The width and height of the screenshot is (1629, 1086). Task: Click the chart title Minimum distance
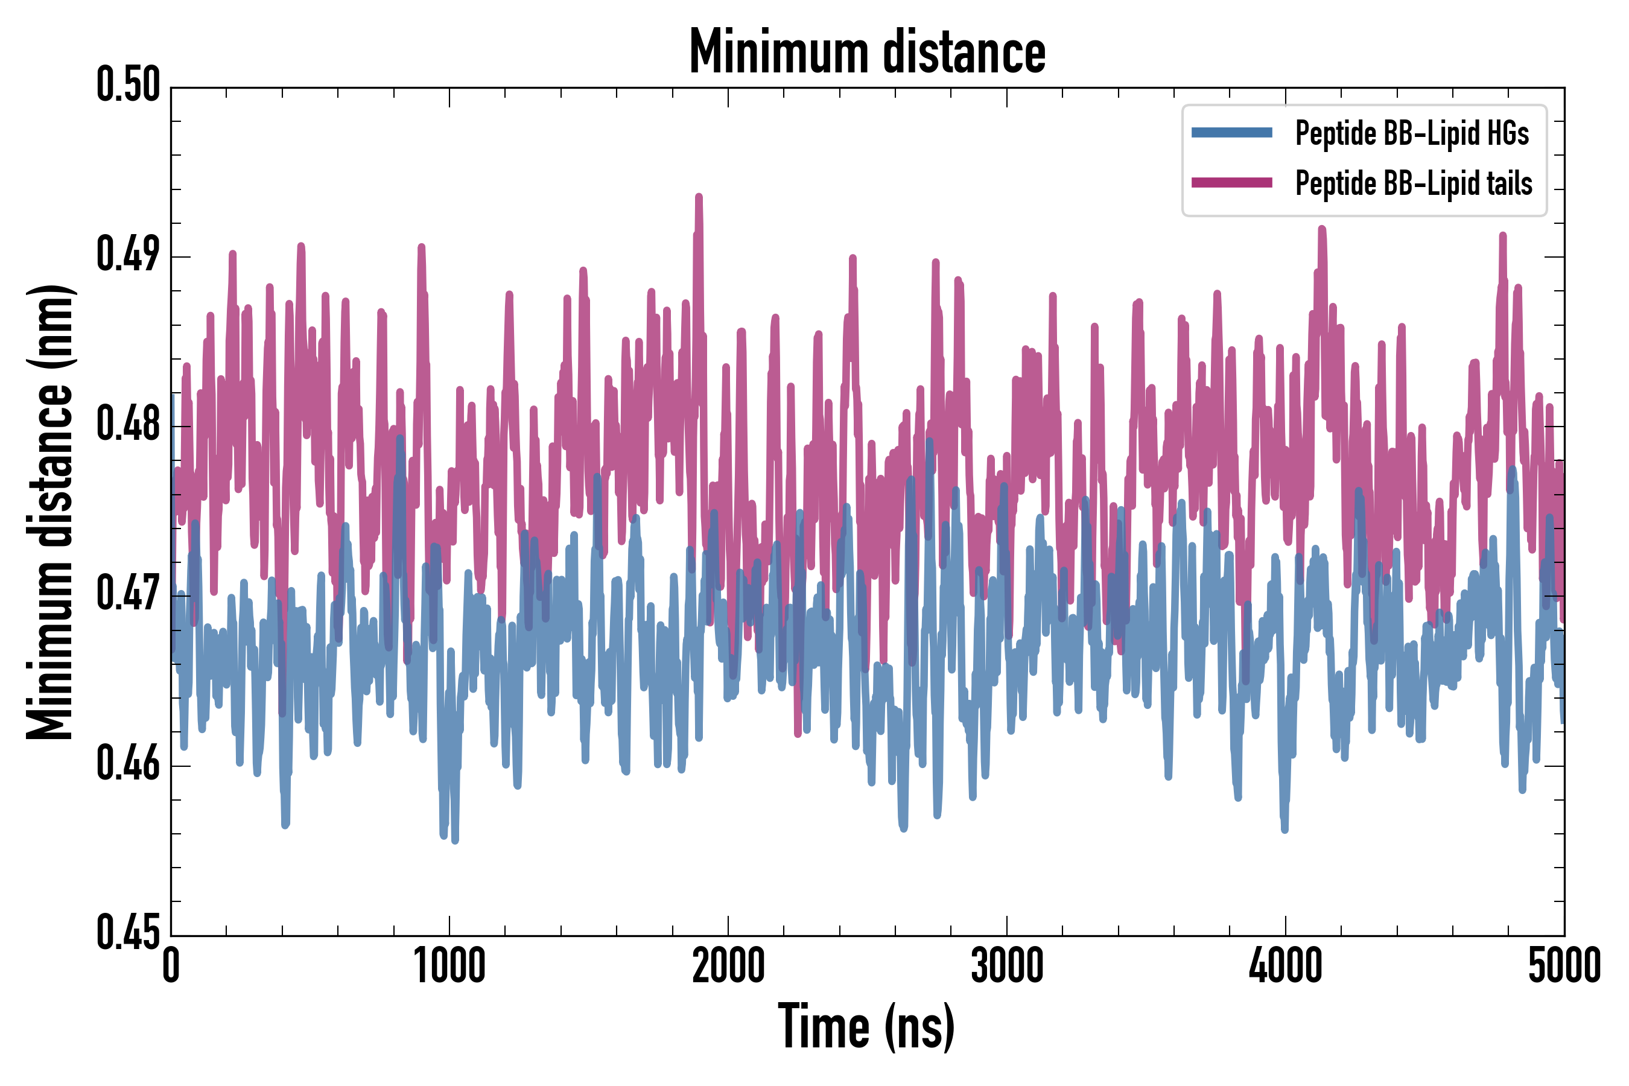click(867, 52)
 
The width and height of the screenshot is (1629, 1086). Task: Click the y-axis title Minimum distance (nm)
click(50, 512)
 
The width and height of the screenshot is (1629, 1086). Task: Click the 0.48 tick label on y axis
click(128, 425)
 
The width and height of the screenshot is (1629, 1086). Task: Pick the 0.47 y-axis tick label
click(128, 594)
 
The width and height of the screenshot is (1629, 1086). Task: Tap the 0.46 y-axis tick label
click(128, 764)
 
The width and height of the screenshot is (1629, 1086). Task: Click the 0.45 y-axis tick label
click(128, 933)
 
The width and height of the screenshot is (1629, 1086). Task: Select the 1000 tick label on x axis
click(449, 966)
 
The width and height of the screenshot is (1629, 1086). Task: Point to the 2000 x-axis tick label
click(728, 966)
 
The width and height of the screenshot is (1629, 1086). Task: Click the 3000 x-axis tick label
click(1006, 966)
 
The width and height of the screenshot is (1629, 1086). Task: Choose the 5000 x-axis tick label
click(1564, 966)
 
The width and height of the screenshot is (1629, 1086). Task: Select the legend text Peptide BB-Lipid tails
click(1414, 183)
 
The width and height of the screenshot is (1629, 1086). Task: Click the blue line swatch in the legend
click(1231, 133)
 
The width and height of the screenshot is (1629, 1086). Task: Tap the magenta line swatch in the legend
click(1231, 183)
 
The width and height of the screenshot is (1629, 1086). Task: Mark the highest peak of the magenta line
click(699, 197)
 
